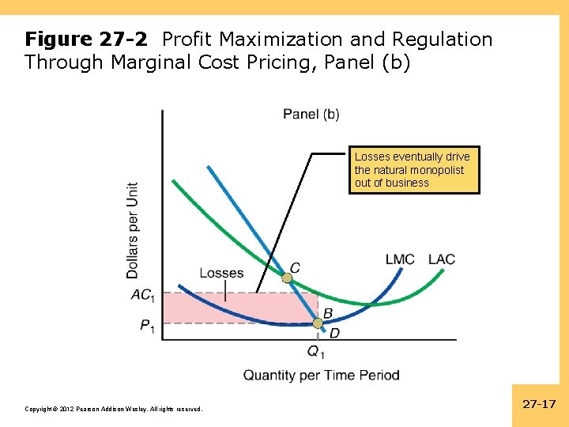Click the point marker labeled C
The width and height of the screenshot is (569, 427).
point(288,278)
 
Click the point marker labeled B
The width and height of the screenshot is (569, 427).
point(318,323)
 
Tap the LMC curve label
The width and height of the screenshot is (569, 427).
point(400,259)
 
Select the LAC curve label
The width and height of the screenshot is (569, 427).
point(442,259)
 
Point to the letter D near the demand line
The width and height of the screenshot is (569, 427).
point(334,333)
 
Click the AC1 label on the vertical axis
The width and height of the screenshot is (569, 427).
point(142,295)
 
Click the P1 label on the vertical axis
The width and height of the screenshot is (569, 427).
point(147,325)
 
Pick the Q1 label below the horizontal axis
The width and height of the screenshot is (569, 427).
point(316,352)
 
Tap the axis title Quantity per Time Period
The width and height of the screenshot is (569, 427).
point(321,375)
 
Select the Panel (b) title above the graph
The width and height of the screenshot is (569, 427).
point(311,114)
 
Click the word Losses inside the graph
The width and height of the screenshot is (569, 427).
point(221,273)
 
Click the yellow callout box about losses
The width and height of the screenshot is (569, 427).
point(414,170)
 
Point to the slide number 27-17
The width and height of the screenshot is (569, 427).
point(540,404)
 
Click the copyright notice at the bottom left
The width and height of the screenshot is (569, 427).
point(114,409)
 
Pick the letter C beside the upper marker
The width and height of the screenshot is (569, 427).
point(295,268)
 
